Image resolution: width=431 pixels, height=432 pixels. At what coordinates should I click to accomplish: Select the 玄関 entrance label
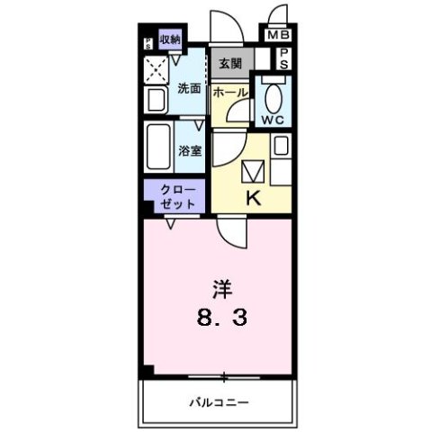pyautogui.click(x=229, y=64)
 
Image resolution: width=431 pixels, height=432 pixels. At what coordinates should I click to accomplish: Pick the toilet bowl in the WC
pyautogui.click(x=274, y=94)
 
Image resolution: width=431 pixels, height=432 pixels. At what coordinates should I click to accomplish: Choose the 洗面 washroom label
pyautogui.click(x=188, y=88)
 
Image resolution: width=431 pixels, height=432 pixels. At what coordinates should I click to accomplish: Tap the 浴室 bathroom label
pyautogui.click(x=190, y=150)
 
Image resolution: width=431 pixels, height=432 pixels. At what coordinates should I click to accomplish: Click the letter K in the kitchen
pyautogui.click(x=254, y=198)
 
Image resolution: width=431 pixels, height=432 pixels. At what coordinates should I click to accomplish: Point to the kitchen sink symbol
pyautogui.click(x=252, y=167)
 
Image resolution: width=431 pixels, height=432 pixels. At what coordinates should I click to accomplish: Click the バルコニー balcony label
pyautogui.click(x=219, y=401)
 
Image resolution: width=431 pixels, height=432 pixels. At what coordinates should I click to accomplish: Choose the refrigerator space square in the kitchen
pyautogui.click(x=280, y=144)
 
